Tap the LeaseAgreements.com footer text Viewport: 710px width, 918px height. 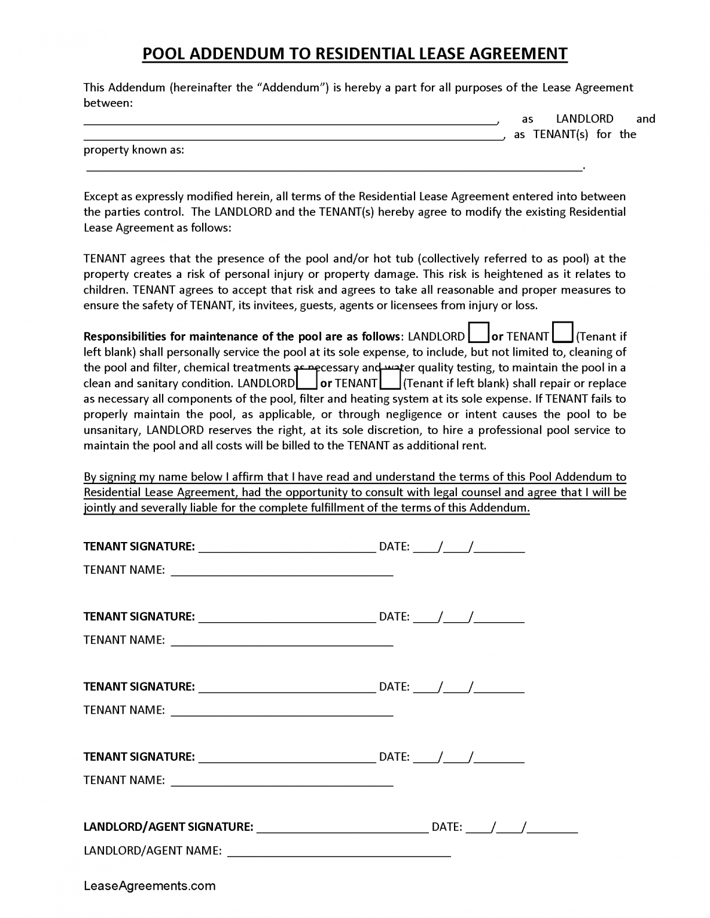pos(150,886)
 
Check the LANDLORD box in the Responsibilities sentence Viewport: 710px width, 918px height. pos(479,332)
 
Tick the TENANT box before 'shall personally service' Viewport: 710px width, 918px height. pos(562,332)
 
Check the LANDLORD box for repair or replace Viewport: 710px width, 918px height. pos(307,380)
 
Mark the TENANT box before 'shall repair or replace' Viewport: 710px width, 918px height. pos(390,380)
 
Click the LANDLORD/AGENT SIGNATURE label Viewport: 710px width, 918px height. pos(168,827)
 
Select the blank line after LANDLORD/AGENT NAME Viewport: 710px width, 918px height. pos(339,854)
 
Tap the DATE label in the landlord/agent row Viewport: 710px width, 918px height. pos(446,827)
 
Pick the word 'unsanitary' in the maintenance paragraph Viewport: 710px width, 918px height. pos(112,430)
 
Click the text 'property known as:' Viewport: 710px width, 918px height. pos(133,150)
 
